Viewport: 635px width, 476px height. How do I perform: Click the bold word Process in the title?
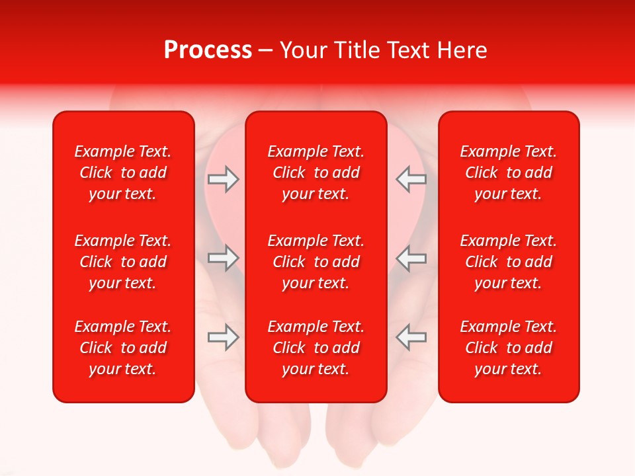click(208, 50)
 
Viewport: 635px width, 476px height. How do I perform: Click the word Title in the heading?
click(356, 50)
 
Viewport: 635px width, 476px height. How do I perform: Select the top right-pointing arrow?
click(223, 179)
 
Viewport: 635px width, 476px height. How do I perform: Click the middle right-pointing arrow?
click(223, 258)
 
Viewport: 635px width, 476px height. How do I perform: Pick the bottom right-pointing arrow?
click(223, 337)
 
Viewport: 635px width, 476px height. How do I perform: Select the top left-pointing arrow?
click(411, 179)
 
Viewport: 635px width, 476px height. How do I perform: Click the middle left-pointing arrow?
click(411, 258)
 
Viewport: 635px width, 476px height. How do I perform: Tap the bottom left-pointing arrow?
click(411, 337)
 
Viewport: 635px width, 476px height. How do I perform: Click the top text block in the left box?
click(123, 173)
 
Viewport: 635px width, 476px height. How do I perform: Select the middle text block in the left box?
click(123, 262)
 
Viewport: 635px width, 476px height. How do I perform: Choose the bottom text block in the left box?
click(123, 348)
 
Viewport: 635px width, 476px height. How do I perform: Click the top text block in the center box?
click(316, 173)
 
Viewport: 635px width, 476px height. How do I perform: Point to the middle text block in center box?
click(316, 262)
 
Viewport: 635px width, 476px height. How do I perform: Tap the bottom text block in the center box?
click(316, 348)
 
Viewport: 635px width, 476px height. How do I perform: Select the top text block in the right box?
click(508, 173)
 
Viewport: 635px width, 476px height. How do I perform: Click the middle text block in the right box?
click(508, 262)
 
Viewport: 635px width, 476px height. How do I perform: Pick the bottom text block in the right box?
click(508, 348)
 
